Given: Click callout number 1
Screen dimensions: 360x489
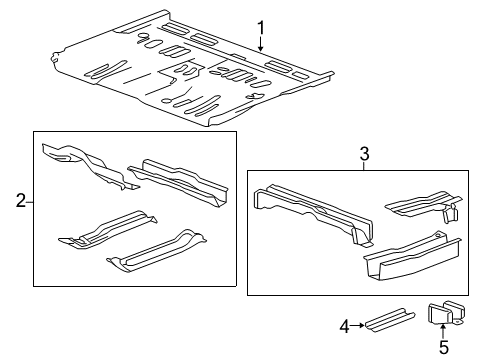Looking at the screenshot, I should pyautogui.click(x=261, y=26).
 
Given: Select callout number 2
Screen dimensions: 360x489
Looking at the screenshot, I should pyautogui.click(x=20, y=202).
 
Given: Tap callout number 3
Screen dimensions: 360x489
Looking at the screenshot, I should pyautogui.click(x=365, y=153).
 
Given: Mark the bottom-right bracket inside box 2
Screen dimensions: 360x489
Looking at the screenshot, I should pyautogui.click(x=161, y=251).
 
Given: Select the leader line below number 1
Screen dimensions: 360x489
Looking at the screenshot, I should pyautogui.click(x=261, y=43).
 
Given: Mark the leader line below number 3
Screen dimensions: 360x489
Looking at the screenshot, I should pyautogui.click(x=365, y=165).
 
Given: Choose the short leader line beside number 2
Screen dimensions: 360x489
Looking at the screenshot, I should pyautogui.click(x=30, y=202).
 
